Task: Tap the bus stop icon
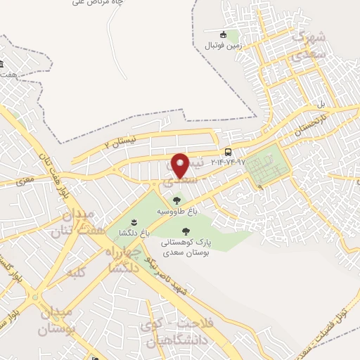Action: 228,152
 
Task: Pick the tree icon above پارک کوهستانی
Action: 186,231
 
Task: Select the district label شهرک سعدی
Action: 309,44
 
